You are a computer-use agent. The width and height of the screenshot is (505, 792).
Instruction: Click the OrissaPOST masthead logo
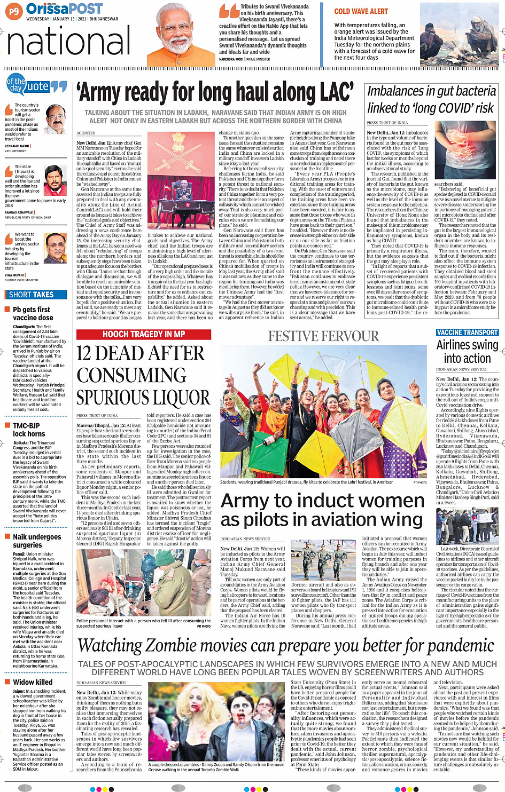(x=64, y=9)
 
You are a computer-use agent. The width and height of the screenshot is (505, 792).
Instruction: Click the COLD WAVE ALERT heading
(x=361, y=11)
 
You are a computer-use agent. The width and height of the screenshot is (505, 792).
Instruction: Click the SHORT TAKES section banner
(x=32, y=295)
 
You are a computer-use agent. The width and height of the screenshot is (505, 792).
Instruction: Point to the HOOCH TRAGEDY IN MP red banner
(x=144, y=334)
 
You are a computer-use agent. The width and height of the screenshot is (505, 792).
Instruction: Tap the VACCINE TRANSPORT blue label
(x=467, y=332)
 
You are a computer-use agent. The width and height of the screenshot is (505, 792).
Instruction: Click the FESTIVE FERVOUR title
(x=323, y=336)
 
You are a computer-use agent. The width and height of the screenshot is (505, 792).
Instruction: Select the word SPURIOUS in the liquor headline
(x=143, y=398)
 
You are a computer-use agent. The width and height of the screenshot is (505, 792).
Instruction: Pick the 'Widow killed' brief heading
(x=33, y=682)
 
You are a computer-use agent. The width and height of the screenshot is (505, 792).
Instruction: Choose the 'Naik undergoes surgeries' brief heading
(x=37, y=541)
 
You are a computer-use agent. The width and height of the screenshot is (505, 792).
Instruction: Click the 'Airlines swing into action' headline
(x=467, y=351)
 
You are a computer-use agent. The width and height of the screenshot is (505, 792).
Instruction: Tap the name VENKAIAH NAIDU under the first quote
(x=17, y=146)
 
